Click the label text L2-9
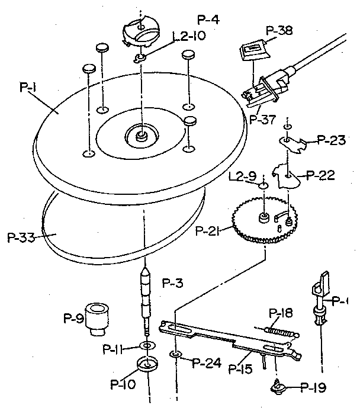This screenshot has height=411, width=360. (x=244, y=176)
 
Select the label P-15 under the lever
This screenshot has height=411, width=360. (x=240, y=370)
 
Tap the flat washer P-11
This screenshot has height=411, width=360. (x=146, y=346)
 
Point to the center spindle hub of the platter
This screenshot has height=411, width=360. (x=141, y=135)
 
